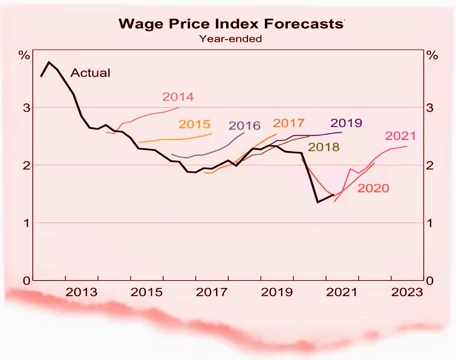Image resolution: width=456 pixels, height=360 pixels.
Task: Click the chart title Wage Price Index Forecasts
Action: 230,24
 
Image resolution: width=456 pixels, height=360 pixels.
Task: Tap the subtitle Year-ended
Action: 230,39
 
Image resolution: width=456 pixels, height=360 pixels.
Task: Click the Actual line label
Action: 91,73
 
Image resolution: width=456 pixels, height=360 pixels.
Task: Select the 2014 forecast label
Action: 178,97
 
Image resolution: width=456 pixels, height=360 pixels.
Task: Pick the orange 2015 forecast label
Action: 194,125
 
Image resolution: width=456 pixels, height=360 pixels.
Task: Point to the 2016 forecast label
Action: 244,126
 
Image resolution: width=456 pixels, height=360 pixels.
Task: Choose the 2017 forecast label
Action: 288,123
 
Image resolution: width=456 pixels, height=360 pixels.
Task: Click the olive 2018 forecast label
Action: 324,147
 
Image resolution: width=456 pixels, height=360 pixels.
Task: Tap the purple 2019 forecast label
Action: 347,123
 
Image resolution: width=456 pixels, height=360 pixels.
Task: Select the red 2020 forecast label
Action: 373,188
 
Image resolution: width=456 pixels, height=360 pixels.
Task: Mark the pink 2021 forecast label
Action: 400,136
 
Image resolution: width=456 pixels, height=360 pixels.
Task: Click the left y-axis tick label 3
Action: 25,108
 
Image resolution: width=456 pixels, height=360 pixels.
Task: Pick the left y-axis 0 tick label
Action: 25,281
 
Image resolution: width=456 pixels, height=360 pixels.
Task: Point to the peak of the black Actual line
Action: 49,62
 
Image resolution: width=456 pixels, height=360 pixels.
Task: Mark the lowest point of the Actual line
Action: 318,202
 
